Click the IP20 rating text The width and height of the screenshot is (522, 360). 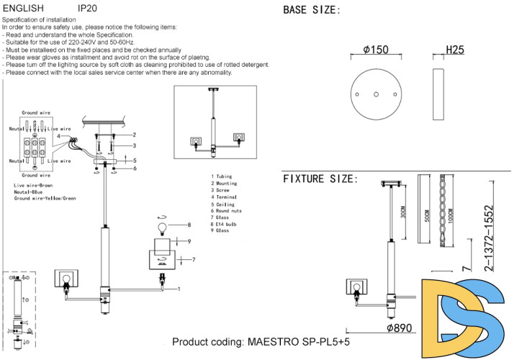coord(87,9)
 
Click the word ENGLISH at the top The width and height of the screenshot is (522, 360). coord(24,9)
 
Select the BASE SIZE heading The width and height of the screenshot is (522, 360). coord(312,10)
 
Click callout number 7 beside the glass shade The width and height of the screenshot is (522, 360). coord(194,259)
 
